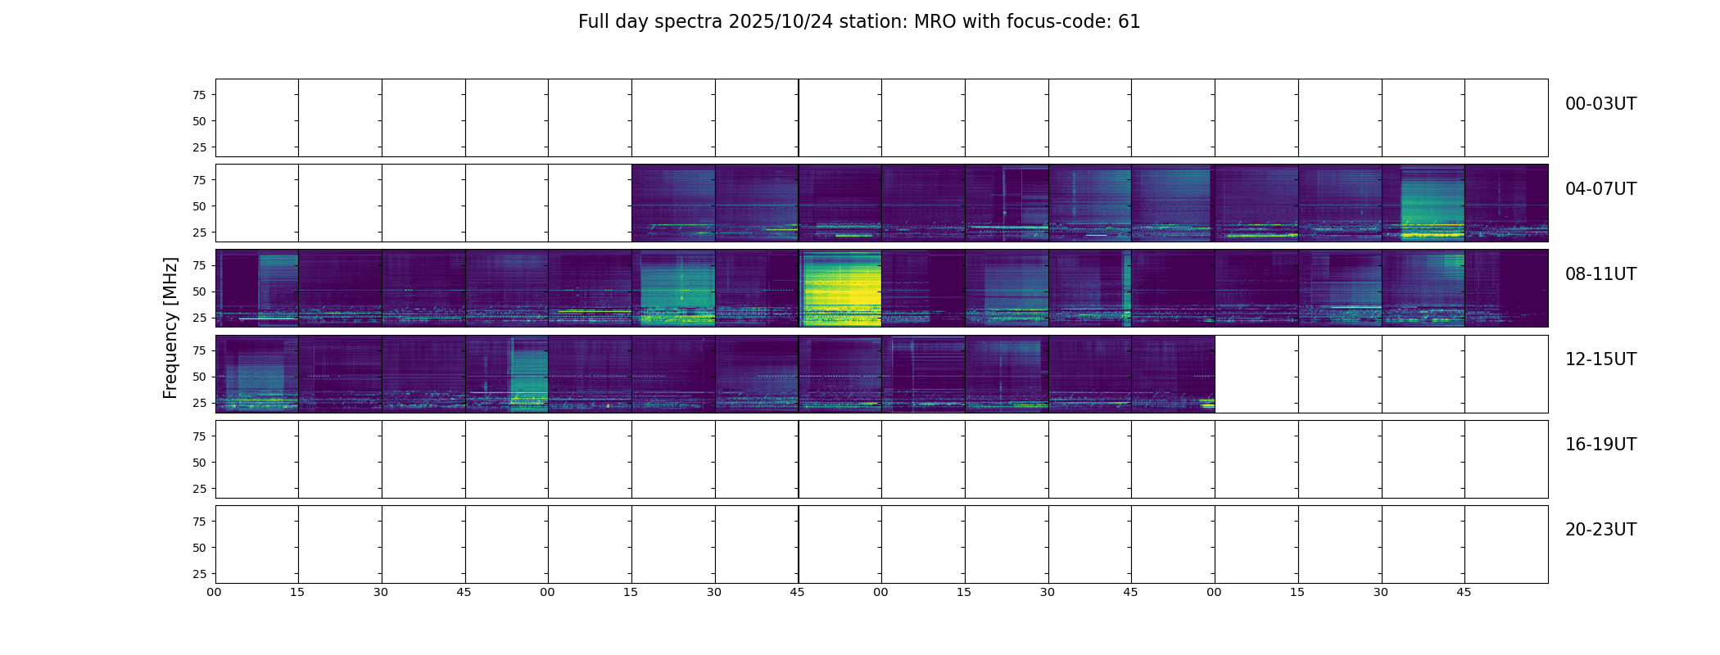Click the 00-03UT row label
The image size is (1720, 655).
click(1600, 104)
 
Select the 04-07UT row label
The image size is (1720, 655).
click(1600, 189)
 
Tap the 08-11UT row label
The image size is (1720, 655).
click(1600, 274)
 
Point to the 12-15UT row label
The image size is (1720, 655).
click(1600, 359)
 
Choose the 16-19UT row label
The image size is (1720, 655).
click(1600, 445)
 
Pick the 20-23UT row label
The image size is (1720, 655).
click(1600, 530)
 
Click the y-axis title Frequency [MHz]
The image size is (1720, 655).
click(170, 327)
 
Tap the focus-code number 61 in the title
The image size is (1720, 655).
click(1129, 22)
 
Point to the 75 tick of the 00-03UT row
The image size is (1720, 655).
click(199, 95)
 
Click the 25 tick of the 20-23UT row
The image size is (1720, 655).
click(199, 574)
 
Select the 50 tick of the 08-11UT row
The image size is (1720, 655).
click(199, 291)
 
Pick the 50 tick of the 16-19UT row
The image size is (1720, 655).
click(199, 463)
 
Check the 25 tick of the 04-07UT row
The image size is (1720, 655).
click(199, 233)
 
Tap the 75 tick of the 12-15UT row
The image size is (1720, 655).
click(199, 350)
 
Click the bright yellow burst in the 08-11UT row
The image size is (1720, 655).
click(840, 291)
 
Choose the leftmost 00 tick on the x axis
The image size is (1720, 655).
click(215, 592)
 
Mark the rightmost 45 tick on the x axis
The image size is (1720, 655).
click(1464, 592)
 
